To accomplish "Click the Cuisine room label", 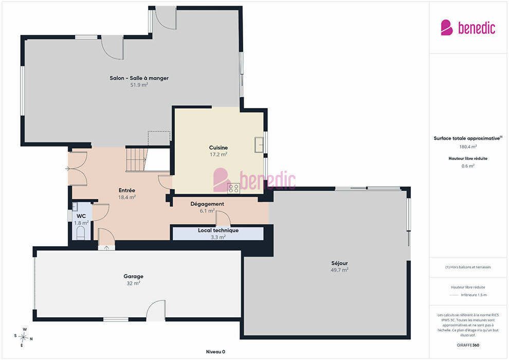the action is [218, 148].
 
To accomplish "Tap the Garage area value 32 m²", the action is [133, 283].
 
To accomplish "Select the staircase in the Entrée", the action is [137, 159].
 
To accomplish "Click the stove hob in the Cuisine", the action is [233, 188].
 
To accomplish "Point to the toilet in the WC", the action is [81, 233].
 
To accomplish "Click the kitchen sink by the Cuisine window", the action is [259, 145].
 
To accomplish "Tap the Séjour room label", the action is [339, 263].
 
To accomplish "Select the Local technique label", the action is [218, 230].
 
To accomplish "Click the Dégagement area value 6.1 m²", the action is [207, 211].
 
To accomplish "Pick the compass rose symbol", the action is [23, 337].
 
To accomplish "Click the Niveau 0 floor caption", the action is [215, 352].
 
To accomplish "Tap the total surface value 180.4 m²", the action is [468, 147].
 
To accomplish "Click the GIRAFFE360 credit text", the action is [468, 345].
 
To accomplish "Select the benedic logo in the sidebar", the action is [468, 28].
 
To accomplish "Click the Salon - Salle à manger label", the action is [139, 78].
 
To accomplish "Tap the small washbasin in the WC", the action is [75, 206].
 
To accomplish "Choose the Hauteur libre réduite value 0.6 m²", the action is [468, 166].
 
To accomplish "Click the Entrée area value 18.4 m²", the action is [127, 197].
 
